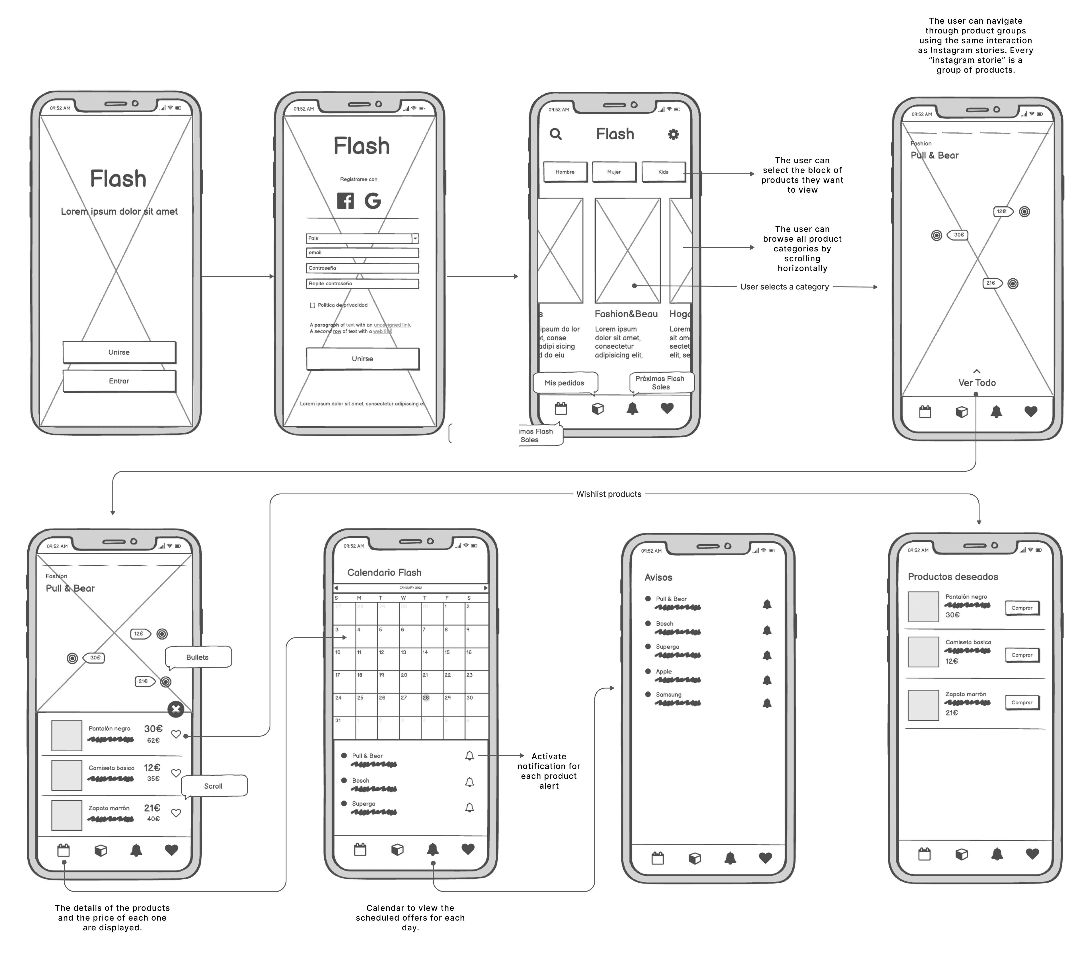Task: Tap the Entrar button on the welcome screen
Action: tap(119, 381)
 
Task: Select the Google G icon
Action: tap(373, 201)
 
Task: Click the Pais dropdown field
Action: tap(362, 238)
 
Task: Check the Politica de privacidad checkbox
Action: tap(312, 305)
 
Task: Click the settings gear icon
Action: tap(673, 134)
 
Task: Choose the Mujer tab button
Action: tap(614, 172)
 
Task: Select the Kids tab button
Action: tap(663, 172)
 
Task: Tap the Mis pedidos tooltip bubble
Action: tap(564, 382)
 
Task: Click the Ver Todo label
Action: tap(977, 382)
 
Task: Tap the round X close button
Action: tap(176, 709)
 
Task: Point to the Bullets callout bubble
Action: tap(198, 657)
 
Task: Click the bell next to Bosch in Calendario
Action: tap(469, 781)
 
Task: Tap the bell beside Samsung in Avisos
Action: tap(767, 703)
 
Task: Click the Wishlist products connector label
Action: tap(609, 494)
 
